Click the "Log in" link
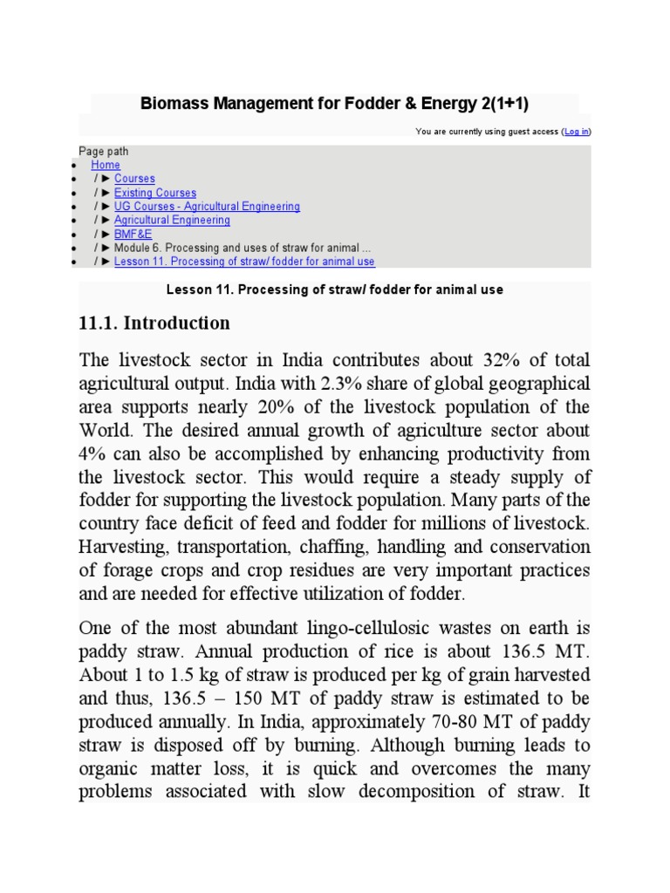click(576, 132)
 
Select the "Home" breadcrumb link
click(106, 165)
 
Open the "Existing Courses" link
click(155, 193)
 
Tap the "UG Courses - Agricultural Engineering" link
click(207, 207)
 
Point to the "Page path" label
click(103, 151)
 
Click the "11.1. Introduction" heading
click(154, 324)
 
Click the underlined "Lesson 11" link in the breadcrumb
click(244, 262)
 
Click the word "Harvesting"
click(121, 547)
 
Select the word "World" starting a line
click(104, 431)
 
